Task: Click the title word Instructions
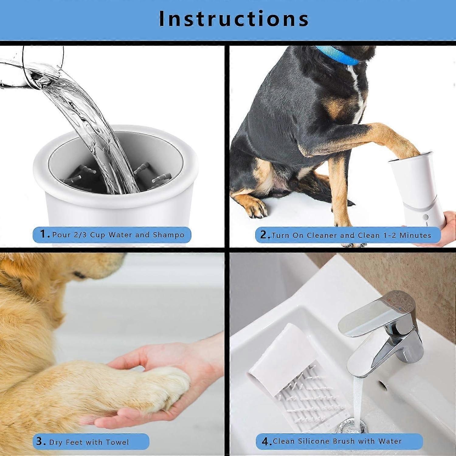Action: (x=233, y=19)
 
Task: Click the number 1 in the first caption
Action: (x=43, y=234)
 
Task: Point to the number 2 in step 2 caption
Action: (x=264, y=235)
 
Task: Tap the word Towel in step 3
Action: (x=117, y=442)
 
